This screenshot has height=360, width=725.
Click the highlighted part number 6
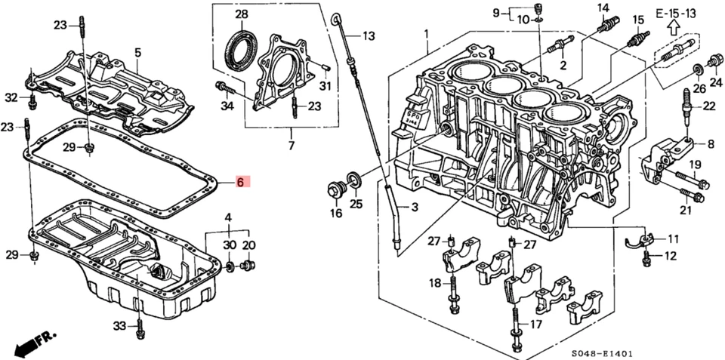pos(240,183)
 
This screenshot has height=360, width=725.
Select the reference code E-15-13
pos(674,14)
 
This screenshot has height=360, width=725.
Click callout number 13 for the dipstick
pos(368,35)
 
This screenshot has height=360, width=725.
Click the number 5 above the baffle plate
pos(138,52)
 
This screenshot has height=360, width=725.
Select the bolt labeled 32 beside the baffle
pos(33,99)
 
